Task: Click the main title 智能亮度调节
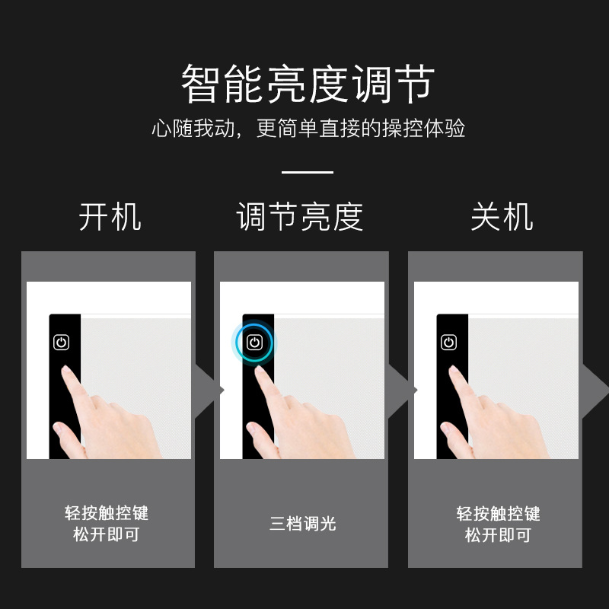(x=308, y=84)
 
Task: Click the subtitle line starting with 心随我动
(x=308, y=129)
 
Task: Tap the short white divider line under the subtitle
(x=308, y=173)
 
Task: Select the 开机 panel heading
(x=110, y=217)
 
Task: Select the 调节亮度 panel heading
(x=300, y=217)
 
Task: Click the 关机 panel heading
(x=501, y=217)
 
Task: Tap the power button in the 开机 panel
(x=62, y=343)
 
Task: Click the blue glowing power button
(x=254, y=343)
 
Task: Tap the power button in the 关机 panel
(x=449, y=343)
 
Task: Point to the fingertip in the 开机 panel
(x=67, y=372)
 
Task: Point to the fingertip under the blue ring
(x=260, y=372)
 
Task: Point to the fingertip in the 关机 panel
(x=454, y=372)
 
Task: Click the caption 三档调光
(x=302, y=524)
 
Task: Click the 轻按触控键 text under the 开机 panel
(x=107, y=513)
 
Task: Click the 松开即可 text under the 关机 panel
(x=498, y=535)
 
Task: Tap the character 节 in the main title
(x=415, y=84)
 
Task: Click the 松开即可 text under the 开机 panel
(x=107, y=535)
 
